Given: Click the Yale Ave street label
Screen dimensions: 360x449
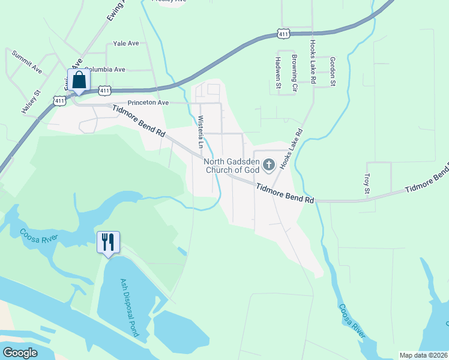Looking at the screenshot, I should (126, 43).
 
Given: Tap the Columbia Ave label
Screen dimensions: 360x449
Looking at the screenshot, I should (104, 70).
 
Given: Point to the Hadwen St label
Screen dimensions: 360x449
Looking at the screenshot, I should (278, 73).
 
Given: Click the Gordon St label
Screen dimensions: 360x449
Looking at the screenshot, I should (332, 73).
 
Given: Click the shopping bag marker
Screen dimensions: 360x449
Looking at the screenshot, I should (79, 80).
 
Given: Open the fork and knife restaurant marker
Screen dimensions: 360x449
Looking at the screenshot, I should (108, 242).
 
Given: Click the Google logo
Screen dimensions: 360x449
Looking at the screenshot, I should (20, 353).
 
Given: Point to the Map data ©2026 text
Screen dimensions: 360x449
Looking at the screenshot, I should (423, 355).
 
